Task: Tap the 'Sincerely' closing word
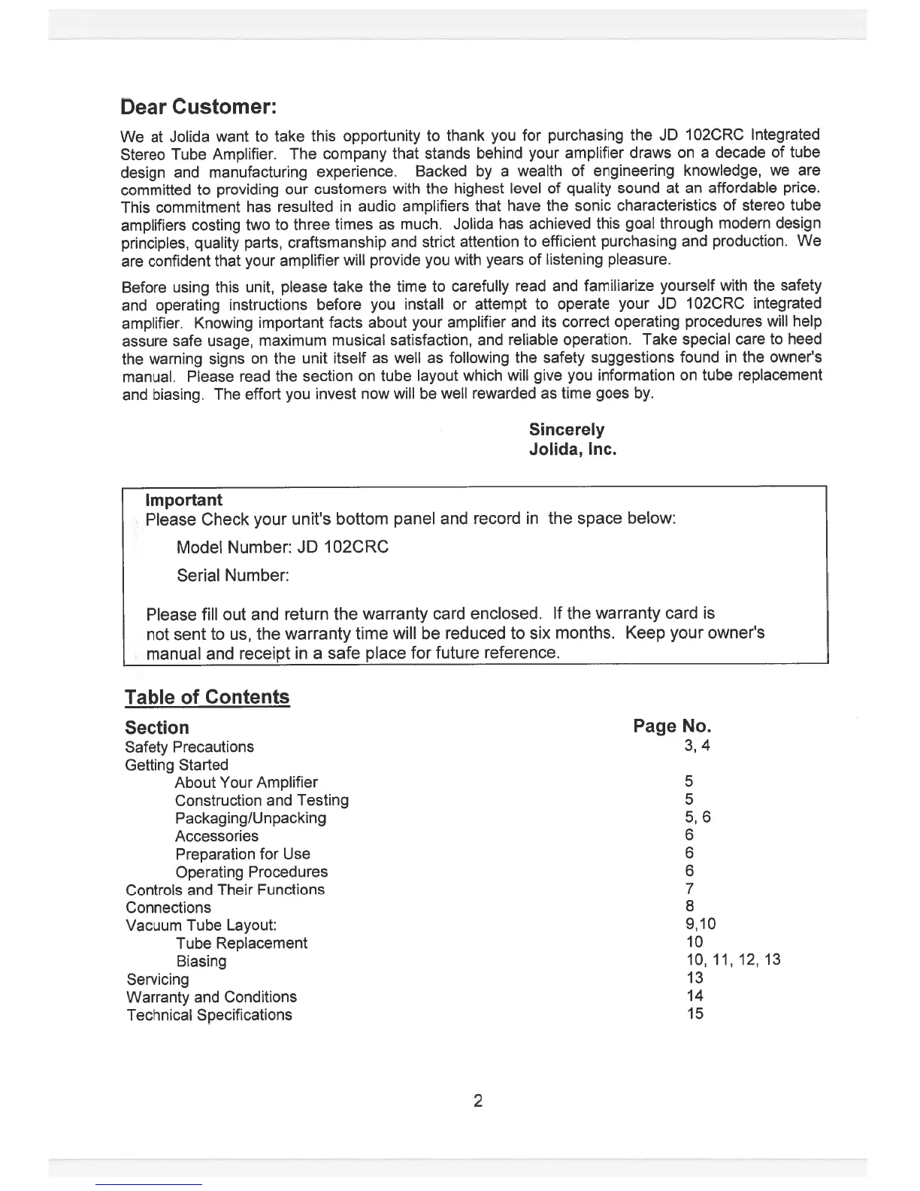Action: tap(566, 429)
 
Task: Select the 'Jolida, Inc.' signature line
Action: tap(573, 450)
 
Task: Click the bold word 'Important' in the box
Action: tap(183, 500)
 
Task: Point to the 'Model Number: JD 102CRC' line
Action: tap(282, 547)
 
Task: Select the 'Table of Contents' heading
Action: tap(207, 697)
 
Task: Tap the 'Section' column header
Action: tap(157, 728)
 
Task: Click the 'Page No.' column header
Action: tap(672, 726)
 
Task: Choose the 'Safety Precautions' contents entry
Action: tap(189, 747)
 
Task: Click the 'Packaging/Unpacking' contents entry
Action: tap(250, 818)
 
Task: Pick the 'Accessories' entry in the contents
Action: tap(216, 836)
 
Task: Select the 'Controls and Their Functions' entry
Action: tap(225, 889)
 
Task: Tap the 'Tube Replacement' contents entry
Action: tap(241, 943)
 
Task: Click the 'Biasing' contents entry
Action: tap(201, 961)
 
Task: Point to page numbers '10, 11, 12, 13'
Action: tap(733, 959)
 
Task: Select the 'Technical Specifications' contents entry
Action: tap(209, 1015)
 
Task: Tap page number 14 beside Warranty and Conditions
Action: tap(695, 996)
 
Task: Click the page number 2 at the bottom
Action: tap(477, 1102)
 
